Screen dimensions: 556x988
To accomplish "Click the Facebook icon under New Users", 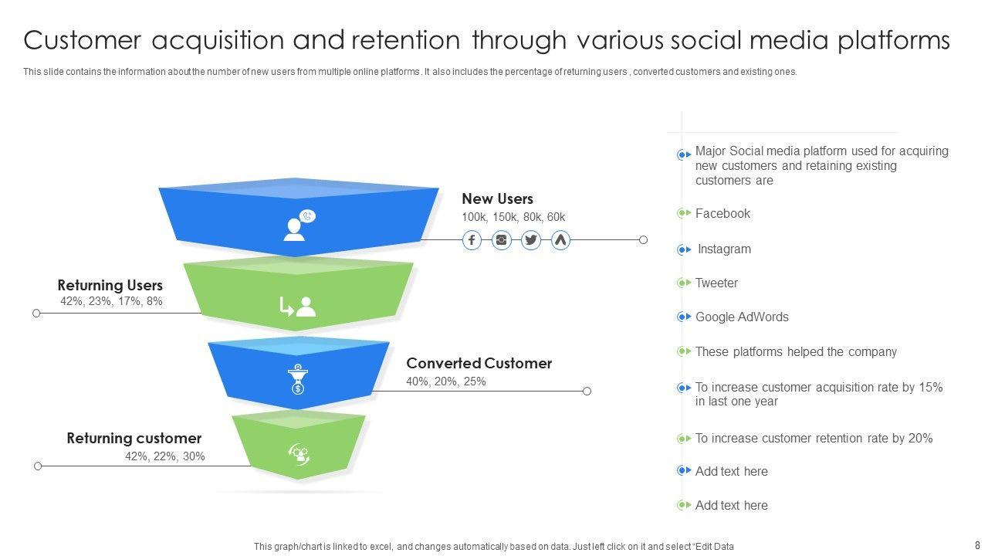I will click(x=472, y=240).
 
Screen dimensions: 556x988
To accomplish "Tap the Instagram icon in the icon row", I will click(x=502, y=240).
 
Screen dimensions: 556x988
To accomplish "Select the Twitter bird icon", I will click(x=531, y=240).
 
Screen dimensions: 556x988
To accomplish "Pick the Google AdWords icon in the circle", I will click(x=560, y=240).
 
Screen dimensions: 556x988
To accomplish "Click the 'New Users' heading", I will click(x=497, y=199).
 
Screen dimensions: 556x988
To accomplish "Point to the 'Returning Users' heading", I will click(x=110, y=286).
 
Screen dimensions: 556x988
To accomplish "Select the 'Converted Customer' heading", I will click(x=479, y=363).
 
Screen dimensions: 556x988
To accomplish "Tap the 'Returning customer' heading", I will click(x=134, y=439).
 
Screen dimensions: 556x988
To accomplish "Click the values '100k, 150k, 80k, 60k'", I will click(x=513, y=217).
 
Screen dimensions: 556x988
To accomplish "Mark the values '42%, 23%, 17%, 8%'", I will click(x=111, y=301).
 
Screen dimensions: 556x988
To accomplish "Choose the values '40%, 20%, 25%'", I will click(x=446, y=381).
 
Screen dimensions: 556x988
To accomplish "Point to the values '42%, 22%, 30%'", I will click(x=165, y=456).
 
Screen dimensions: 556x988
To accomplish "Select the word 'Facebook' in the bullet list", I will click(x=722, y=214).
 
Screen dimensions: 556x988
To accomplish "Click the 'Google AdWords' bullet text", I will click(x=742, y=317).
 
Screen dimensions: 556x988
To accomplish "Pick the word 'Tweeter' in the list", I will click(x=716, y=283).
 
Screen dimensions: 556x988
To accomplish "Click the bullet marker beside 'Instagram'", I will click(x=684, y=249).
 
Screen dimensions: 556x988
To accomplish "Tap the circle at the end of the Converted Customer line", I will click(x=587, y=392).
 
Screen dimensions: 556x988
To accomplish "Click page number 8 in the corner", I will click(x=976, y=545).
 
